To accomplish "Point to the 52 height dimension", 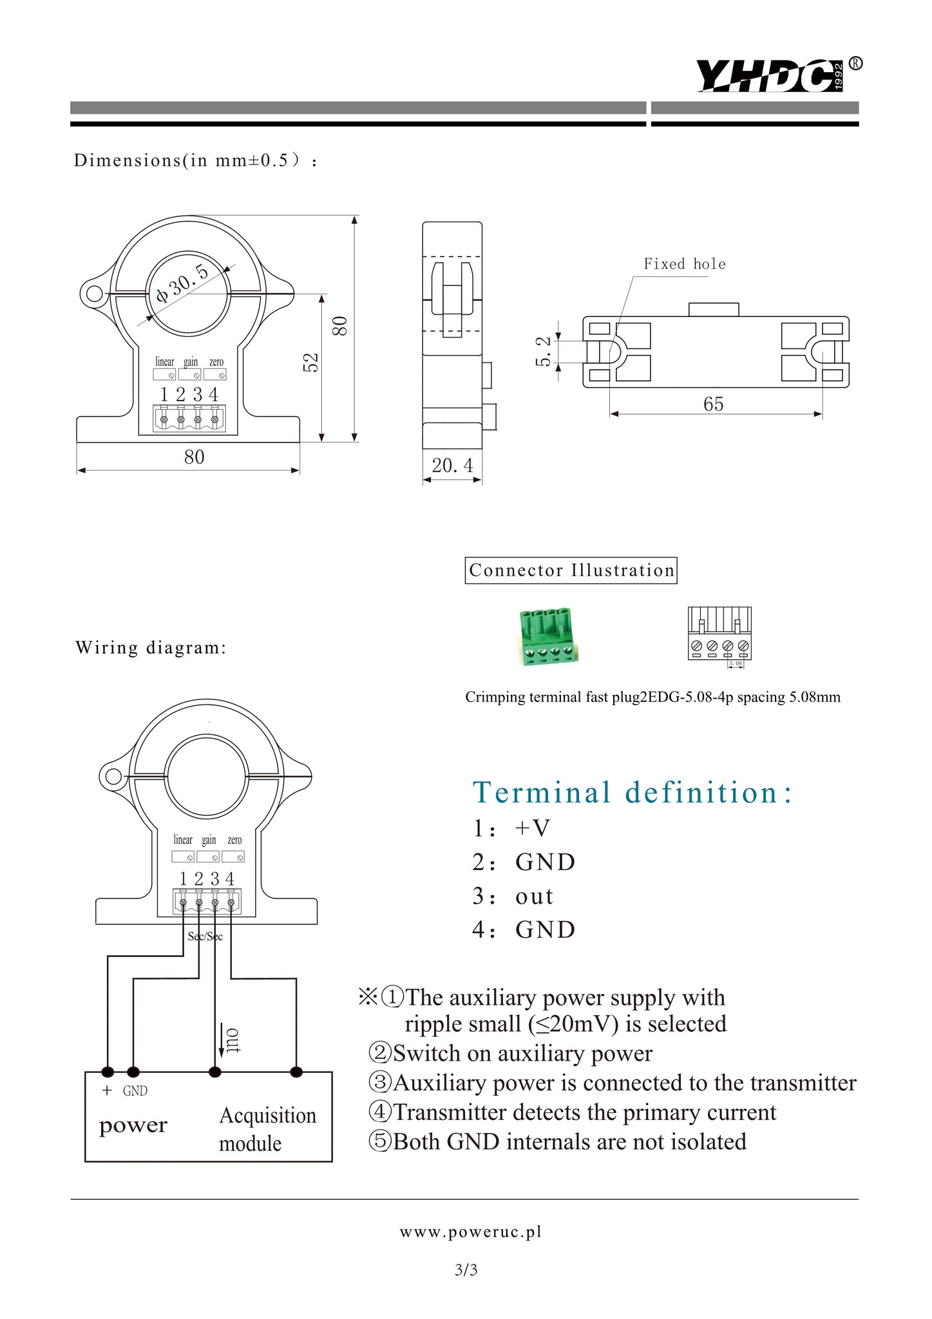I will [311, 362].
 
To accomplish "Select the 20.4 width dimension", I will [452, 466].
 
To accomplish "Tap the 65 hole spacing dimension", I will [713, 404].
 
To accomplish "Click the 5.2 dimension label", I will [544, 351].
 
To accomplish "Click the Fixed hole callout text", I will [684, 264].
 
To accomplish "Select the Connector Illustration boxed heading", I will [571, 571].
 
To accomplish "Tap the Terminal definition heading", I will [632, 792].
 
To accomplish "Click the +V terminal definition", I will [532, 828].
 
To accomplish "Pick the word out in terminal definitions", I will [534, 896].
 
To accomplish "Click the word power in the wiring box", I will [133, 1126].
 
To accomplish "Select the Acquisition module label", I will [267, 1129].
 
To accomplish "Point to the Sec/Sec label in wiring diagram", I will [205, 936].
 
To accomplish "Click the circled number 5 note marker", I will [379, 1141].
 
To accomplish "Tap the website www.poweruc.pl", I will [470, 1232].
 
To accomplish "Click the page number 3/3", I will [466, 1270].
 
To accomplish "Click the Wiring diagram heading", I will [151, 648].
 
